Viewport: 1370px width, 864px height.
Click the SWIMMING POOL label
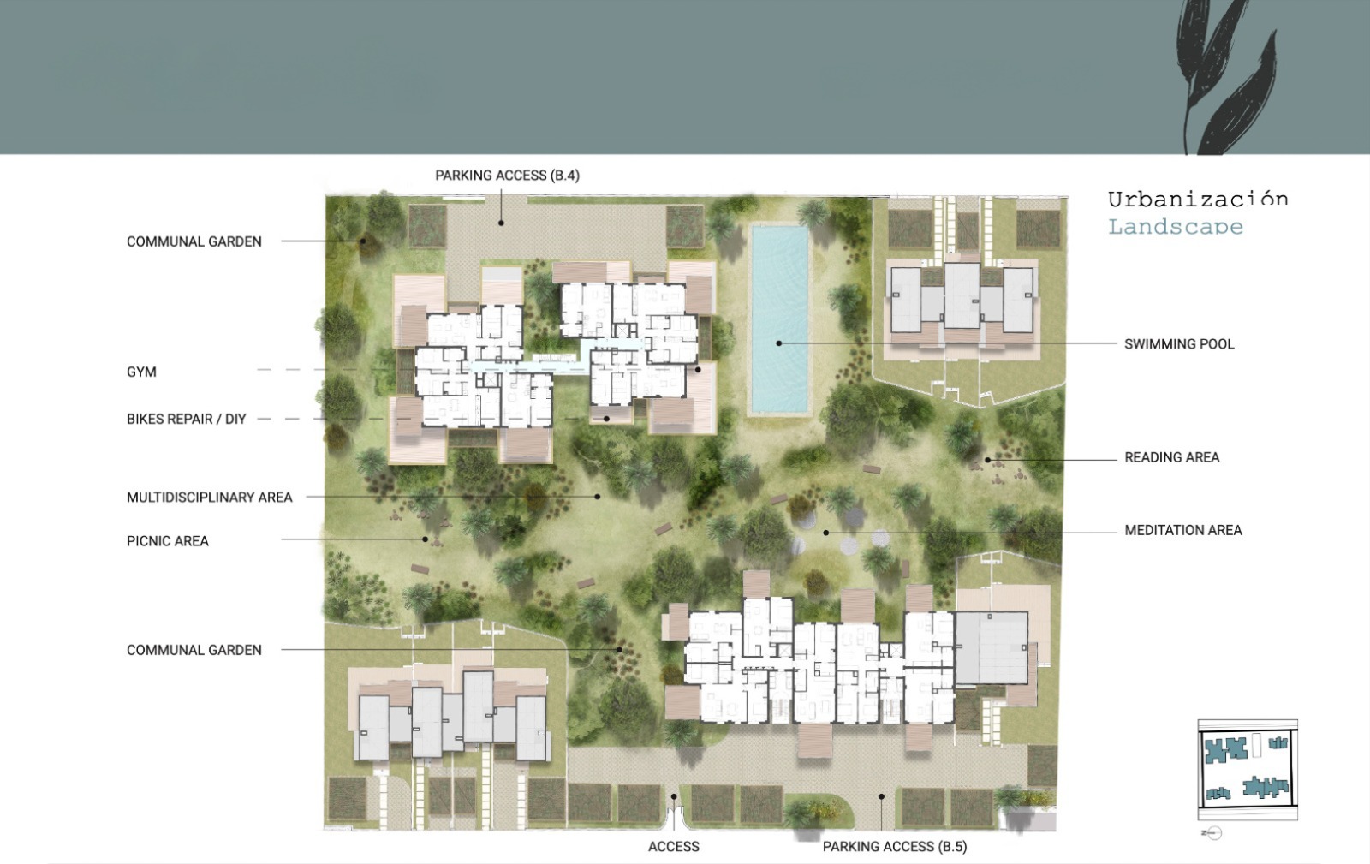coord(1179,343)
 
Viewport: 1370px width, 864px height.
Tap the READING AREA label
coord(1172,457)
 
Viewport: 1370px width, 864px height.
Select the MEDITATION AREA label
coord(1182,530)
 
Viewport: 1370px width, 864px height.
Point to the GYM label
coord(141,372)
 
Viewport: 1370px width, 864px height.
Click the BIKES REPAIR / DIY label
coord(186,419)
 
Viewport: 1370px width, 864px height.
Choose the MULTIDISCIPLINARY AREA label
coord(209,498)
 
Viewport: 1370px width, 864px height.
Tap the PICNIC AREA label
coord(168,541)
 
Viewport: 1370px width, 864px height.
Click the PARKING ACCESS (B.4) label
coord(507,176)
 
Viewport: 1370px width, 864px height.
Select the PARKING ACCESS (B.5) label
coord(894,847)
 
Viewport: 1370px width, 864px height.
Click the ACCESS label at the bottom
coord(673,847)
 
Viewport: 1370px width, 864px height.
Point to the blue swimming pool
coord(779,319)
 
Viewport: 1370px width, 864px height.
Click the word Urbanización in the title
coord(1198,199)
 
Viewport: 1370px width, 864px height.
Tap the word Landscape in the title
coord(1176,227)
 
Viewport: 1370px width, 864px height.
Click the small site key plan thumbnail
coord(1247,769)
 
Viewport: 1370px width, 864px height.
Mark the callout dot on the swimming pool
coord(778,343)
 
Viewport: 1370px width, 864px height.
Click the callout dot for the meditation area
coord(825,533)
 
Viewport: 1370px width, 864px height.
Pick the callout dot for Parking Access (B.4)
coord(501,223)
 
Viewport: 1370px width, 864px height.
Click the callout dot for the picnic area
coord(425,539)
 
